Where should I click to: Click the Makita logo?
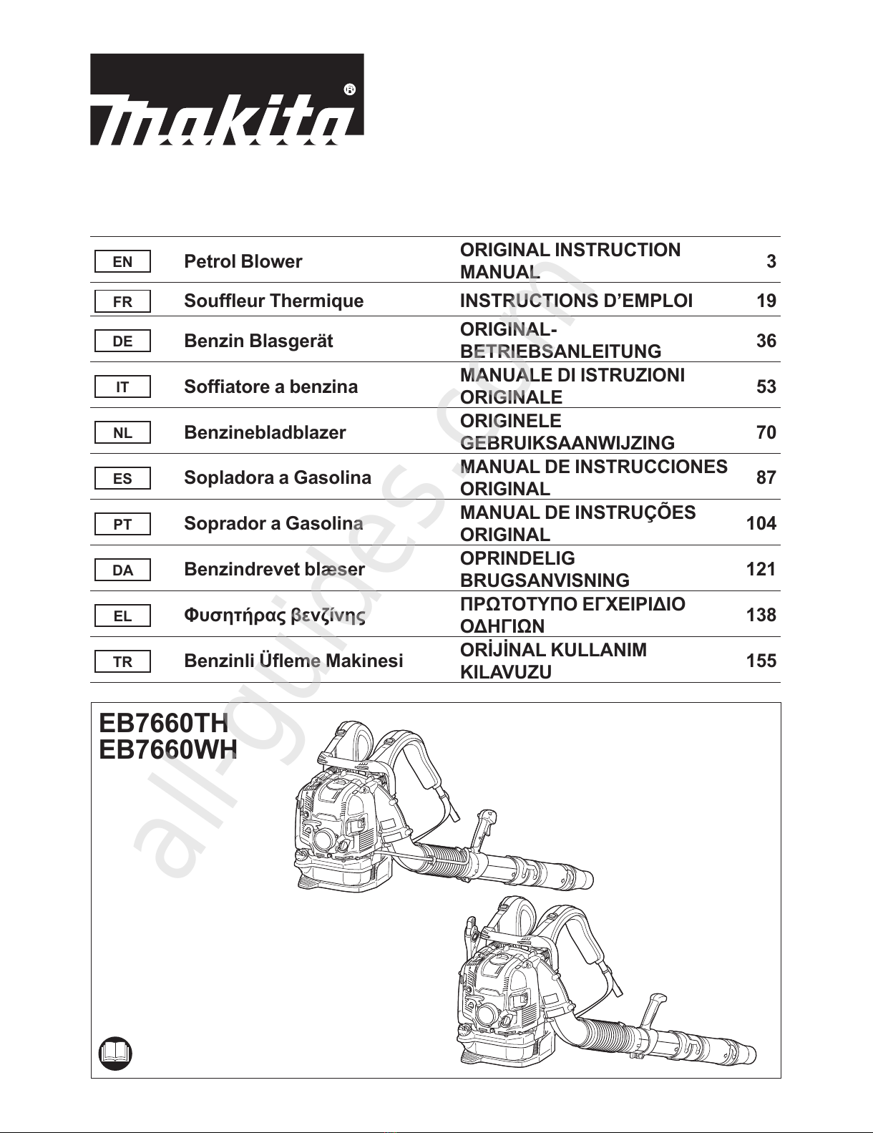click(226, 100)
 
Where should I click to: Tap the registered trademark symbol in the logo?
click(349, 89)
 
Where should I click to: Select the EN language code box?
click(122, 262)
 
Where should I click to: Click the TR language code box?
click(122, 661)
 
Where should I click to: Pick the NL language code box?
click(122, 433)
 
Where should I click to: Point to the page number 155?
click(761, 661)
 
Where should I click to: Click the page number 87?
click(766, 477)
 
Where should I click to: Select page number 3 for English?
click(771, 261)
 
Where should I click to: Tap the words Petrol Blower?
click(243, 261)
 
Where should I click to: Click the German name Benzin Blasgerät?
click(258, 341)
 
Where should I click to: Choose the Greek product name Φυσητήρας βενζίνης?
click(275, 615)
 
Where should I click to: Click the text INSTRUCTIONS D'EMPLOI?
click(576, 301)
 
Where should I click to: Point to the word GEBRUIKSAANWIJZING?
click(567, 443)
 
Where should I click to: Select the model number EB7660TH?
click(163, 723)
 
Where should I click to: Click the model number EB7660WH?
click(168, 750)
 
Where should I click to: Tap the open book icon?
click(115, 1052)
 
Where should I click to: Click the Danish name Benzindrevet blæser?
click(274, 569)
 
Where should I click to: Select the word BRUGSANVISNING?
click(545, 580)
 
